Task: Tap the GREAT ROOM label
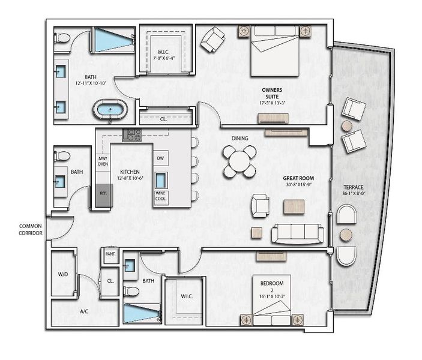coord(299,178)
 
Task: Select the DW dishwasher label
coord(160,158)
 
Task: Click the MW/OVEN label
coord(103,160)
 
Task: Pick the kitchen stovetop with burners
coord(131,136)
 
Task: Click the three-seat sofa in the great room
coord(298,233)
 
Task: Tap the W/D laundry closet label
coord(62,275)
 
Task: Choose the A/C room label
coord(85,313)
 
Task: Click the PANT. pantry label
coord(110,254)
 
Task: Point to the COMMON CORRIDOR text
coord(31,229)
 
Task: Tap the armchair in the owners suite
coord(212,41)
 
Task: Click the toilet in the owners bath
coord(62,38)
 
